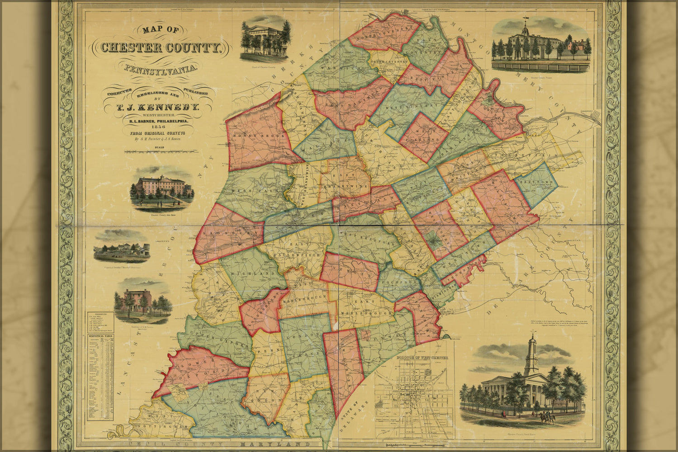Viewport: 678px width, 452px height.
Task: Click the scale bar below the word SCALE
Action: tap(159, 153)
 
